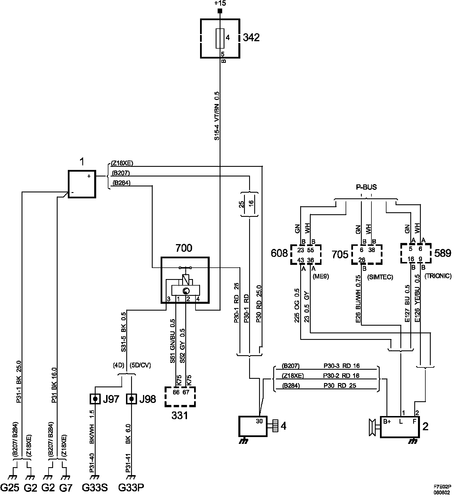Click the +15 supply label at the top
(220, 4)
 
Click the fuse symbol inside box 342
(220, 38)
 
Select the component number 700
(184, 248)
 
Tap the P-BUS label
(366, 187)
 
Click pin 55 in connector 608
(311, 250)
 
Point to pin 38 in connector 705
(371, 250)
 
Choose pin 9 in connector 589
(420, 259)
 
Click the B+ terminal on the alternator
(387, 422)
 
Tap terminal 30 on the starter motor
(259, 421)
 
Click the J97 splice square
(96, 399)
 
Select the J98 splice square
(131, 399)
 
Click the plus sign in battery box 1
(89, 176)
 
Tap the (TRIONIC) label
(438, 276)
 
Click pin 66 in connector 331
(176, 392)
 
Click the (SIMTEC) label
(380, 277)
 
